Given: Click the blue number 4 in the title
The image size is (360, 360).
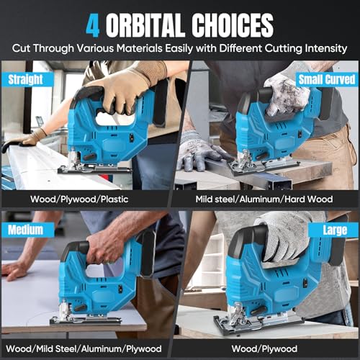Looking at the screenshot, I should [x=94, y=25].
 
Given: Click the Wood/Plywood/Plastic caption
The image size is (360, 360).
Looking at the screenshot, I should [x=89, y=197].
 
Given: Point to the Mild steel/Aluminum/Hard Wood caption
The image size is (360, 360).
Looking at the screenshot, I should [x=268, y=197].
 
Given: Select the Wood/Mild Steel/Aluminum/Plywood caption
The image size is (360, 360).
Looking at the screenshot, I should [x=89, y=346].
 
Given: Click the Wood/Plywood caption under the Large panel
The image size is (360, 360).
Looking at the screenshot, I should [x=268, y=346].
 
